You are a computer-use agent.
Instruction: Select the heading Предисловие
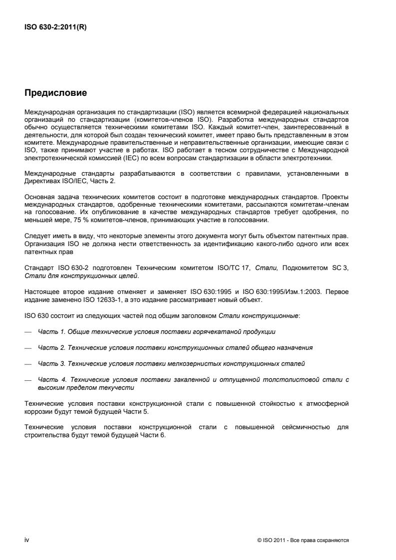tap(53, 93)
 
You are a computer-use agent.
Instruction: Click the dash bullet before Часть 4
tap(27, 380)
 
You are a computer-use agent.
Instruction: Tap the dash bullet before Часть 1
tap(27, 331)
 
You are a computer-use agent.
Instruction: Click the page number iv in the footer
tap(26, 540)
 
